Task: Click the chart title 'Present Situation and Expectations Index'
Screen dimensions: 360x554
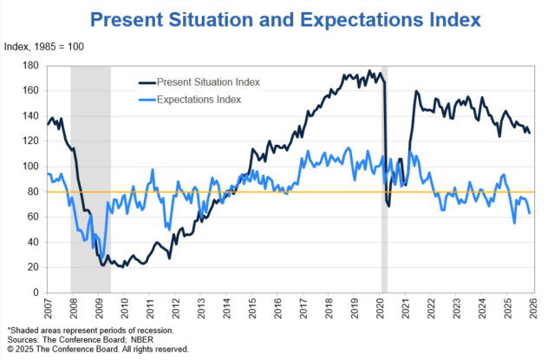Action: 288,19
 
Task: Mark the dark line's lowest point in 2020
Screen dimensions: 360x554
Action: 388,206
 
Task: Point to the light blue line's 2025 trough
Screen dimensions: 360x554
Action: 514,223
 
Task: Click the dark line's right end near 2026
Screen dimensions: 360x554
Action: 530,133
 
